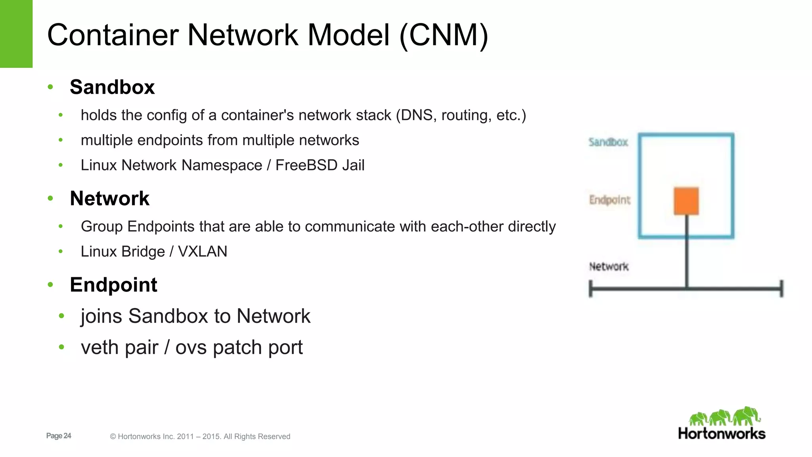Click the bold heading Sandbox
click(x=112, y=87)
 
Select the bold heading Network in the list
click(x=109, y=198)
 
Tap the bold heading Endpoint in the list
click(x=113, y=285)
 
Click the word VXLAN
click(x=203, y=252)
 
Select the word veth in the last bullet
click(x=100, y=348)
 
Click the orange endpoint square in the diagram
click(x=686, y=201)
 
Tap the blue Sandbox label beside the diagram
click(x=608, y=142)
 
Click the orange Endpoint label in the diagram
click(x=609, y=200)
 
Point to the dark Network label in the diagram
click(x=609, y=267)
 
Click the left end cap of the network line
click(x=591, y=288)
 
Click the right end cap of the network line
click(x=781, y=288)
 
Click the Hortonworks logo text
click(x=722, y=434)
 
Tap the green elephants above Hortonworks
click(x=724, y=417)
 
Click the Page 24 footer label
click(x=59, y=436)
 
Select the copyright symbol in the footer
click(x=113, y=437)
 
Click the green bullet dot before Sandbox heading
click(x=50, y=87)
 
